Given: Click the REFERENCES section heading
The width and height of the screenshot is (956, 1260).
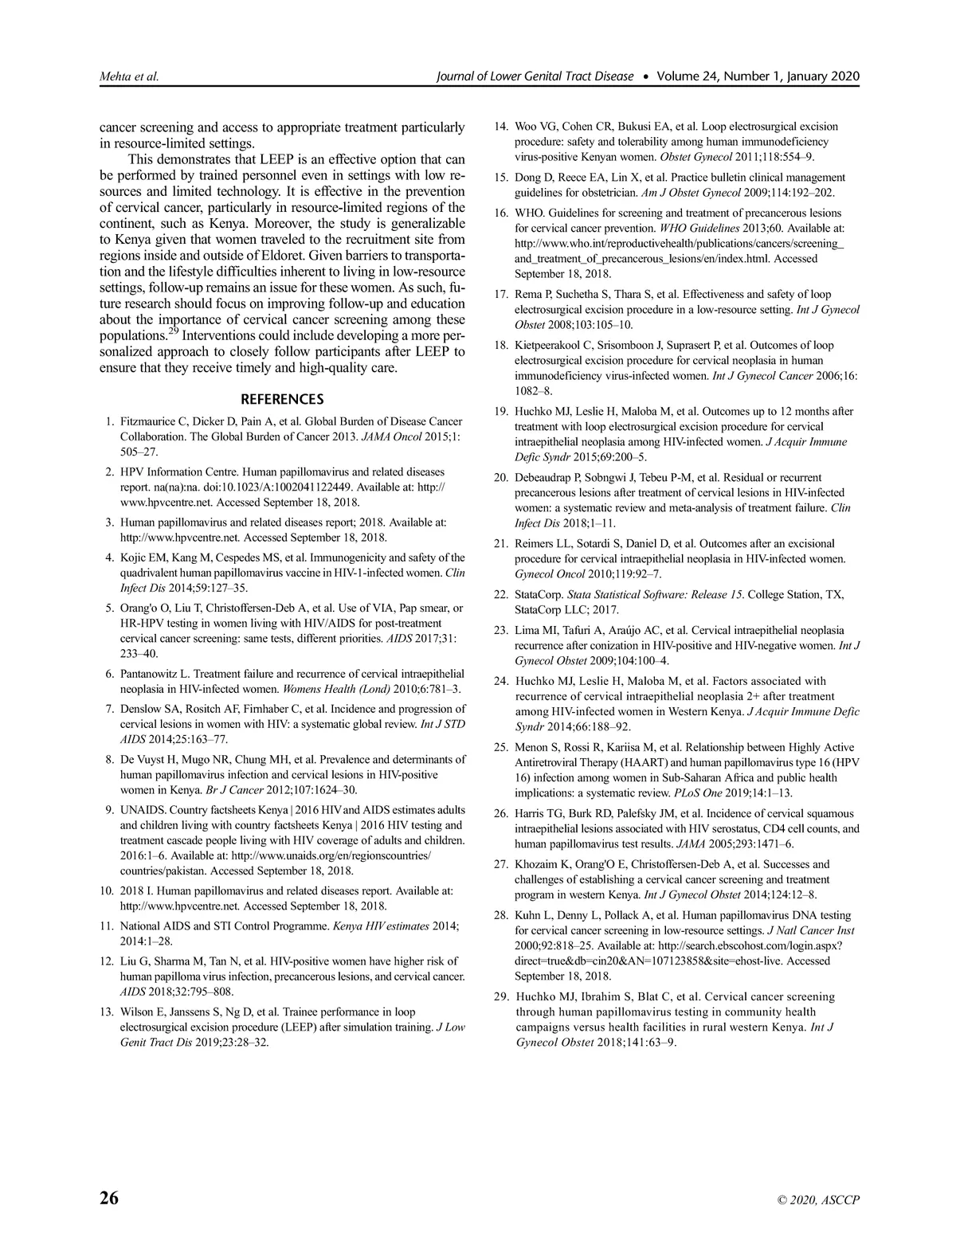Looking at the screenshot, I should [x=282, y=399].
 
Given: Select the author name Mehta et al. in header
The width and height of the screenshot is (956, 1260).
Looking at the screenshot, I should [x=128, y=76].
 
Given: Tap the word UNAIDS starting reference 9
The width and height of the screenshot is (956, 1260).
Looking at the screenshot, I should [x=143, y=810].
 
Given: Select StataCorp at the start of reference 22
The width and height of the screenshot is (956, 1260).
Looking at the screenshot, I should [x=539, y=595].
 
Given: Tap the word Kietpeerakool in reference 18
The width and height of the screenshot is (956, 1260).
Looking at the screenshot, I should [x=550, y=345].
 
